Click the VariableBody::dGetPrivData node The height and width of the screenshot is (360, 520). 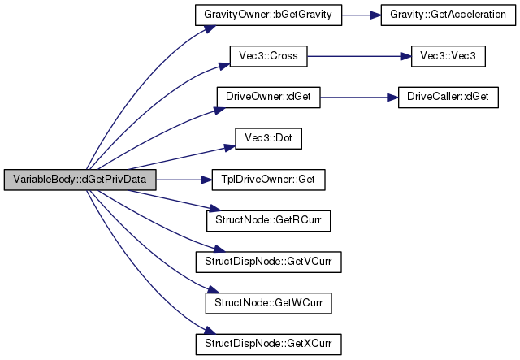tap(79, 179)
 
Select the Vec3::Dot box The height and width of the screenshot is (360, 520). tap(268, 138)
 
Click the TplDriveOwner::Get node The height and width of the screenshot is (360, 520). tap(268, 179)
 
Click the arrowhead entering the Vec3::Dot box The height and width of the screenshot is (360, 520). tap(230, 146)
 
